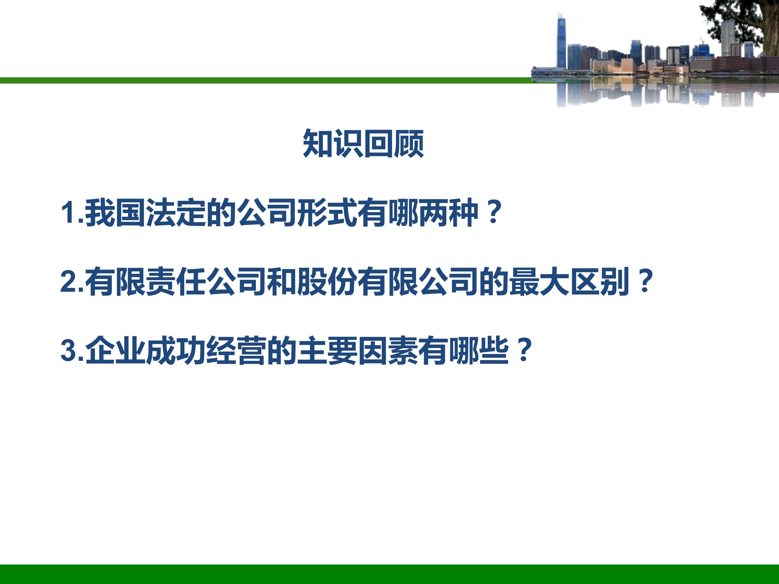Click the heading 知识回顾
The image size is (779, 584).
(x=364, y=143)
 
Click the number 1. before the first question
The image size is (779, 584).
(x=72, y=212)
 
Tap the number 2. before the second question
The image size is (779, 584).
(x=72, y=281)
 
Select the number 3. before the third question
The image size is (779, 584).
(x=72, y=350)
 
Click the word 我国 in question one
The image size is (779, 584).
(x=115, y=213)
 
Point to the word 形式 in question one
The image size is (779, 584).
(x=327, y=213)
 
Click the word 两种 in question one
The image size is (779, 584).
(x=448, y=213)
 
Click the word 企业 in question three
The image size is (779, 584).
(x=115, y=350)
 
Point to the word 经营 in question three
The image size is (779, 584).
(x=236, y=350)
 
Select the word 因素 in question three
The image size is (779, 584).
(x=388, y=350)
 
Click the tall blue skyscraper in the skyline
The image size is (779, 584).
(x=561, y=42)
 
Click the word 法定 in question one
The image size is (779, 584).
(x=176, y=213)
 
